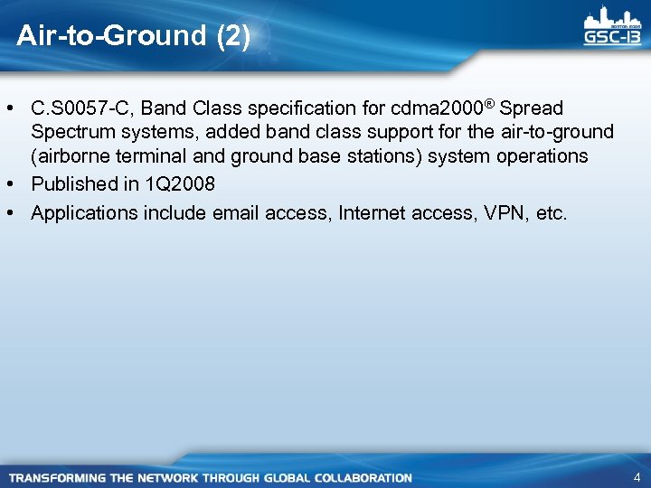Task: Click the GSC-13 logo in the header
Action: (612, 26)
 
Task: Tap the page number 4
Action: (637, 477)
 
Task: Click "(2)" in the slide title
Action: (233, 36)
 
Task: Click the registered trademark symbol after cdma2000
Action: (488, 104)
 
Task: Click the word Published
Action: (69, 184)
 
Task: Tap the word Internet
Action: (371, 213)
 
